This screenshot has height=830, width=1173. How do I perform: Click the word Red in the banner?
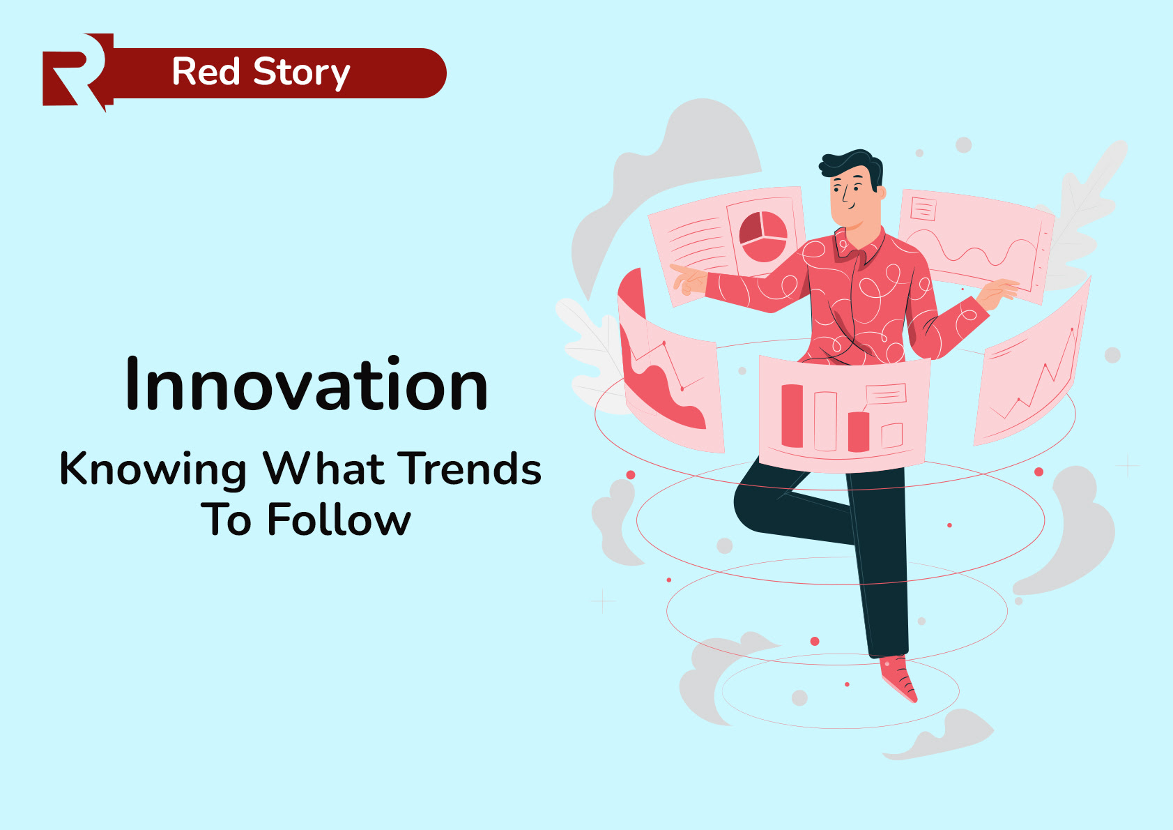[x=206, y=73]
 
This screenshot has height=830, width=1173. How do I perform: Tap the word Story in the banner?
[x=301, y=73]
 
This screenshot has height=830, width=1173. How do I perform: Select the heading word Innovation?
[x=307, y=385]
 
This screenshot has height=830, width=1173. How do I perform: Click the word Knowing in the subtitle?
[x=153, y=469]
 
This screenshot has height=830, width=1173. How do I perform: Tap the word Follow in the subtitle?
[x=339, y=520]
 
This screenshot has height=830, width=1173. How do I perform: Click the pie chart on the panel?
[x=763, y=236]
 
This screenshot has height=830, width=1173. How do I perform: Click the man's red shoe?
[x=899, y=677]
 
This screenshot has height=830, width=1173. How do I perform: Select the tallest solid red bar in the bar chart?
[x=792, y=416]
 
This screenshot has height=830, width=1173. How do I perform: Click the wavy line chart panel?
[x=976, y=244]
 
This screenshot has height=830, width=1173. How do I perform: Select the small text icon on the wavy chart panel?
[x=923, y=208]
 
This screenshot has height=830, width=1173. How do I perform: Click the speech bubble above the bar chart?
[x=886, y=395]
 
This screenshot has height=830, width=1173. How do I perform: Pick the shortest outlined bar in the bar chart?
[x=892, y=435]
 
